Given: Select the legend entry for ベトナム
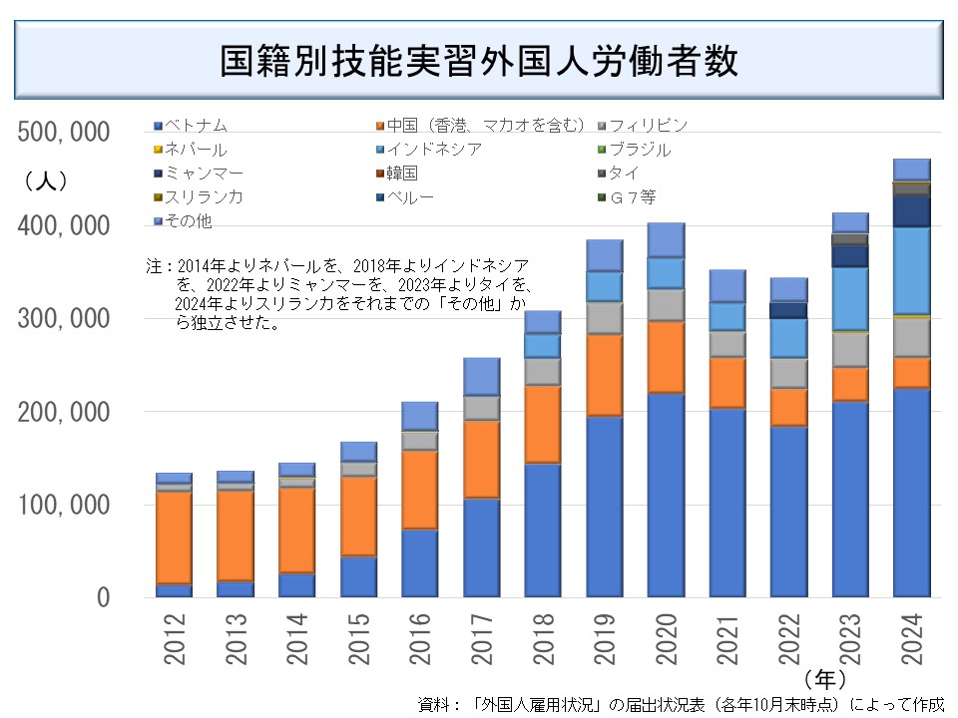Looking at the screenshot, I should [x=196, y=126].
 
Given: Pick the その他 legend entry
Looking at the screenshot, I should [x=187, y=220].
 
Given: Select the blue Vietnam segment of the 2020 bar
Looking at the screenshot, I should [x=665, y=495].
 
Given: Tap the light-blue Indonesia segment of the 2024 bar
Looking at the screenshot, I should [x=911, y=270].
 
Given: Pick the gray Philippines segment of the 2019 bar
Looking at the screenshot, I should [x=604, y=317].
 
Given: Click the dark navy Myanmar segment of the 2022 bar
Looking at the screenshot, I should [x=788, y=310].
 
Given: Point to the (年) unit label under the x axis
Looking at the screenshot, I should [x=823, y=679].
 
